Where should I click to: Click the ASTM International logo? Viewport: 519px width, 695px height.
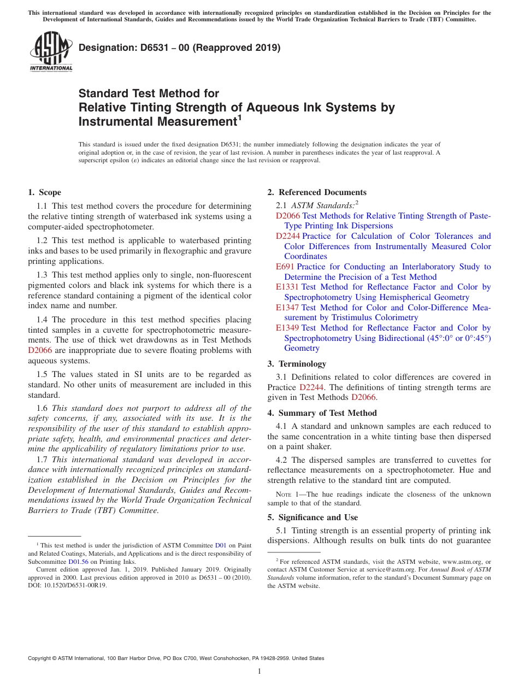51,51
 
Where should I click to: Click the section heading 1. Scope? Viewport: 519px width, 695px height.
44,192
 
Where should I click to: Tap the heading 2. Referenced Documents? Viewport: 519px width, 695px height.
317,192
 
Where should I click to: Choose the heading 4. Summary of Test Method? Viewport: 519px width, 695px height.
322,413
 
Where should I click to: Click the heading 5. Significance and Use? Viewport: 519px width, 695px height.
312,517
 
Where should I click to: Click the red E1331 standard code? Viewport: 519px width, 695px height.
287,287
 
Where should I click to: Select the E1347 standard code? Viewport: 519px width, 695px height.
287,308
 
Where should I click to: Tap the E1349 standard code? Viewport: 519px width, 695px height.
287,328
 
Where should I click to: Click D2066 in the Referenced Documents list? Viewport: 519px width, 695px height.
287,216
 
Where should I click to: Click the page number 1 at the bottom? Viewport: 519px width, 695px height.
259,671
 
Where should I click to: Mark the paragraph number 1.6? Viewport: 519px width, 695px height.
43,408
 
